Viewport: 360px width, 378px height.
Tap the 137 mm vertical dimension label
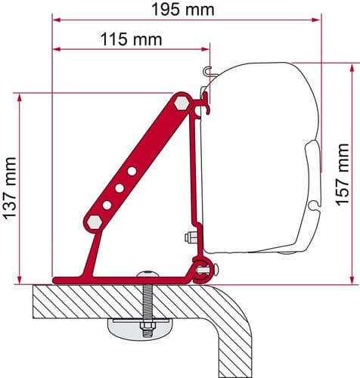[x=10, y=188]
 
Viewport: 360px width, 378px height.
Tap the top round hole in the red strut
[x=132, y=171]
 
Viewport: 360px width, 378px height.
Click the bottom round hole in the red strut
[x=107, y=205]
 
